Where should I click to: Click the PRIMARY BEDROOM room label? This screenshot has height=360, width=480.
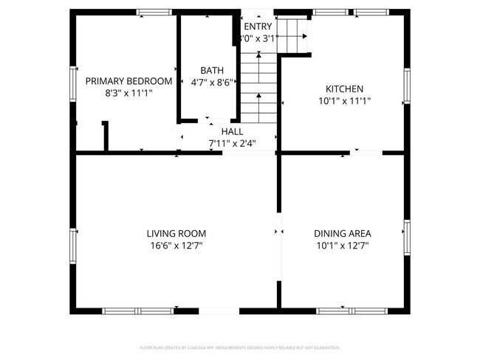click(x=128, y=81)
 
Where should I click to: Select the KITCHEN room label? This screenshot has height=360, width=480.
click(x=344, y=89)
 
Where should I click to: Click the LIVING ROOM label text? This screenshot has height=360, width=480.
click(x=175, y=233)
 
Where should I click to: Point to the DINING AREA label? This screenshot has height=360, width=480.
click(x=343, y=233)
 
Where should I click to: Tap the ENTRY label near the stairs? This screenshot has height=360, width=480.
click(x=257, y=27)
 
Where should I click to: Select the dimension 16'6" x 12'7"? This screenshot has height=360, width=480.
click(x=175, y=246)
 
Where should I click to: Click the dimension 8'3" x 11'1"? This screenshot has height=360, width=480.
click(x=128, y=94)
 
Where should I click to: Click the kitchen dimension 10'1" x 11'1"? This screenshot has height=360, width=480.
click(x=344, y=101)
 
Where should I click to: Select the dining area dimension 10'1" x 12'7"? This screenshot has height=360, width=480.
click(x=343, y=246)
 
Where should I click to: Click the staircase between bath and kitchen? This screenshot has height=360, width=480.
click(x=258, y=89)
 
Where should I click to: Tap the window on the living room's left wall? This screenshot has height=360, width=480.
click(x=74, y=243)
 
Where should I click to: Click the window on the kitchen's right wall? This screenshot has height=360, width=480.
click(x=406, y=87)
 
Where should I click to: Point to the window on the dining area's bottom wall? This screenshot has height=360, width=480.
click(x=343, y=311)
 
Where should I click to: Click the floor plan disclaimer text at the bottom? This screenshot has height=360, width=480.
click(x=239, y=347)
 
